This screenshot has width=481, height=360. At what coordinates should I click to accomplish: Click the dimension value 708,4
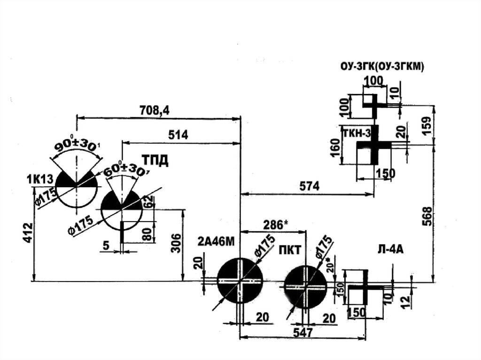pyautogui.click(x=155, y=110)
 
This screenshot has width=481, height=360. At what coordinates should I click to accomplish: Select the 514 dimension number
pyautogui.click(x=178, y=135)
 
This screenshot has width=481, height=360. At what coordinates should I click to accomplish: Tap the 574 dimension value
pyautogui.click(x=309, y=186)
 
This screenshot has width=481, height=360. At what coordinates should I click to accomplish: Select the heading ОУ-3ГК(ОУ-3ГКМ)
pyautogui.click(x=382, y=67)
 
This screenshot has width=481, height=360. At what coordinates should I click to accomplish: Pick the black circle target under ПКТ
pyautogui.click(x=305, y=285)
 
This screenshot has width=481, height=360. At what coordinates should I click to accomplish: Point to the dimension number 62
pyautogui.click(x=148, y=203)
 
